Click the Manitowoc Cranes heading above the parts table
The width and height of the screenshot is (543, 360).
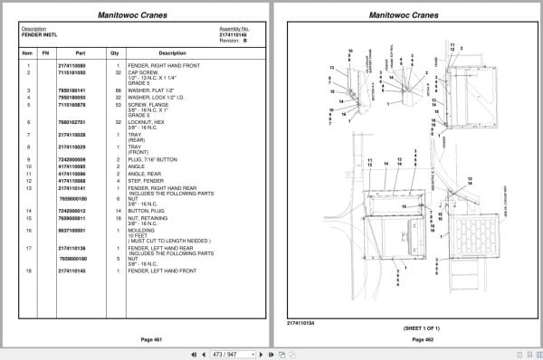[135, 15]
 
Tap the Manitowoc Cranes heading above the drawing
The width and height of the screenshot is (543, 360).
[405, 15]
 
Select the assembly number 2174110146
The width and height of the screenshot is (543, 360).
[233, 34]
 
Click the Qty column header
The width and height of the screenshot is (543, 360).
[115, 52]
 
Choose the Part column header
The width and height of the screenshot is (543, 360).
[80, 52]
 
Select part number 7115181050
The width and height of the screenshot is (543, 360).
[71, 71]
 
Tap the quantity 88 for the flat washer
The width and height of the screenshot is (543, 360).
[117, 90]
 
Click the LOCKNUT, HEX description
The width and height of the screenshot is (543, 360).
[148, 120]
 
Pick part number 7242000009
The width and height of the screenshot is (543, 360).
[71, 159]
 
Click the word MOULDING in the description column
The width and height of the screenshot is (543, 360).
[144, 229]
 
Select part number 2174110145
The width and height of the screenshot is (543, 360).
[71, 270]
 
